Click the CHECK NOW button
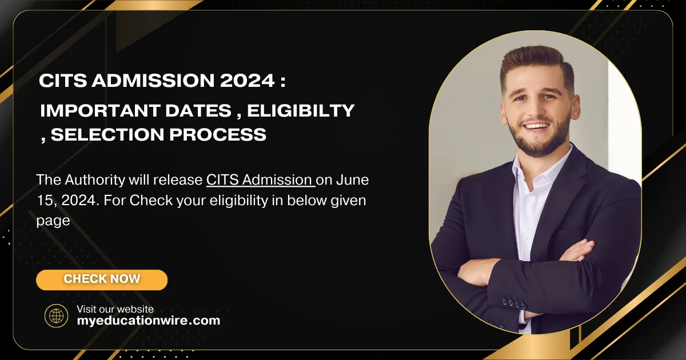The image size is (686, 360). coord(102,279)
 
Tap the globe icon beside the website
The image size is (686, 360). coord(56,315)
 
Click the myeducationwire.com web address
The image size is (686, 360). coord(148,321)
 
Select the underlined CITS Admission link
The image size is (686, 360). coord(260,180)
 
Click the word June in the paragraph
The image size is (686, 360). coord(352,180)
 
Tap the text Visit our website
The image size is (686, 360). coord(115,309)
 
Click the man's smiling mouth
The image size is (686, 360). coord(537,126)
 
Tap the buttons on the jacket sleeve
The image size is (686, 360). coord(514,303)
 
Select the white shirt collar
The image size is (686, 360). coord(529,171)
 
